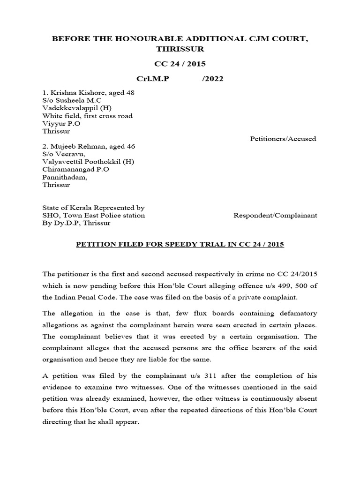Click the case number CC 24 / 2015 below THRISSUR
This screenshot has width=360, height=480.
pyautogui.click(x=180, y=64)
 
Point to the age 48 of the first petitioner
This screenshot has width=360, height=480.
pyautogui.click(x=130, y=93)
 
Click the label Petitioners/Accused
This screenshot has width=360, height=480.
pyautogui.click(x=284, y=139)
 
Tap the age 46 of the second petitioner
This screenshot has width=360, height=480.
pyautogui.click(x=131, y=147)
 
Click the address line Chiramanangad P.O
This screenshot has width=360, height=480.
pyautogui.click(x=75, y=169)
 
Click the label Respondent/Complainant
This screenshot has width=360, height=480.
pyautogui.click(x=275, y=216)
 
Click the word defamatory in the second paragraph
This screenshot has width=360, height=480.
pyautogui.click(x=292, y=313)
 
